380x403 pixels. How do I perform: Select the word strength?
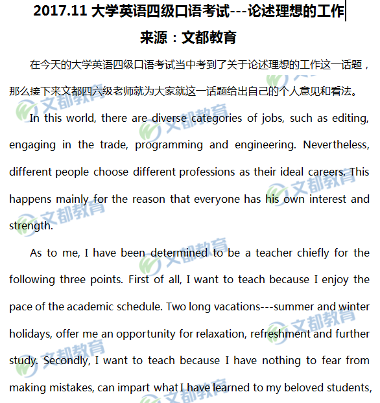click(30, 226)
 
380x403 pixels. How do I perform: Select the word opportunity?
click(129, 334)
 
